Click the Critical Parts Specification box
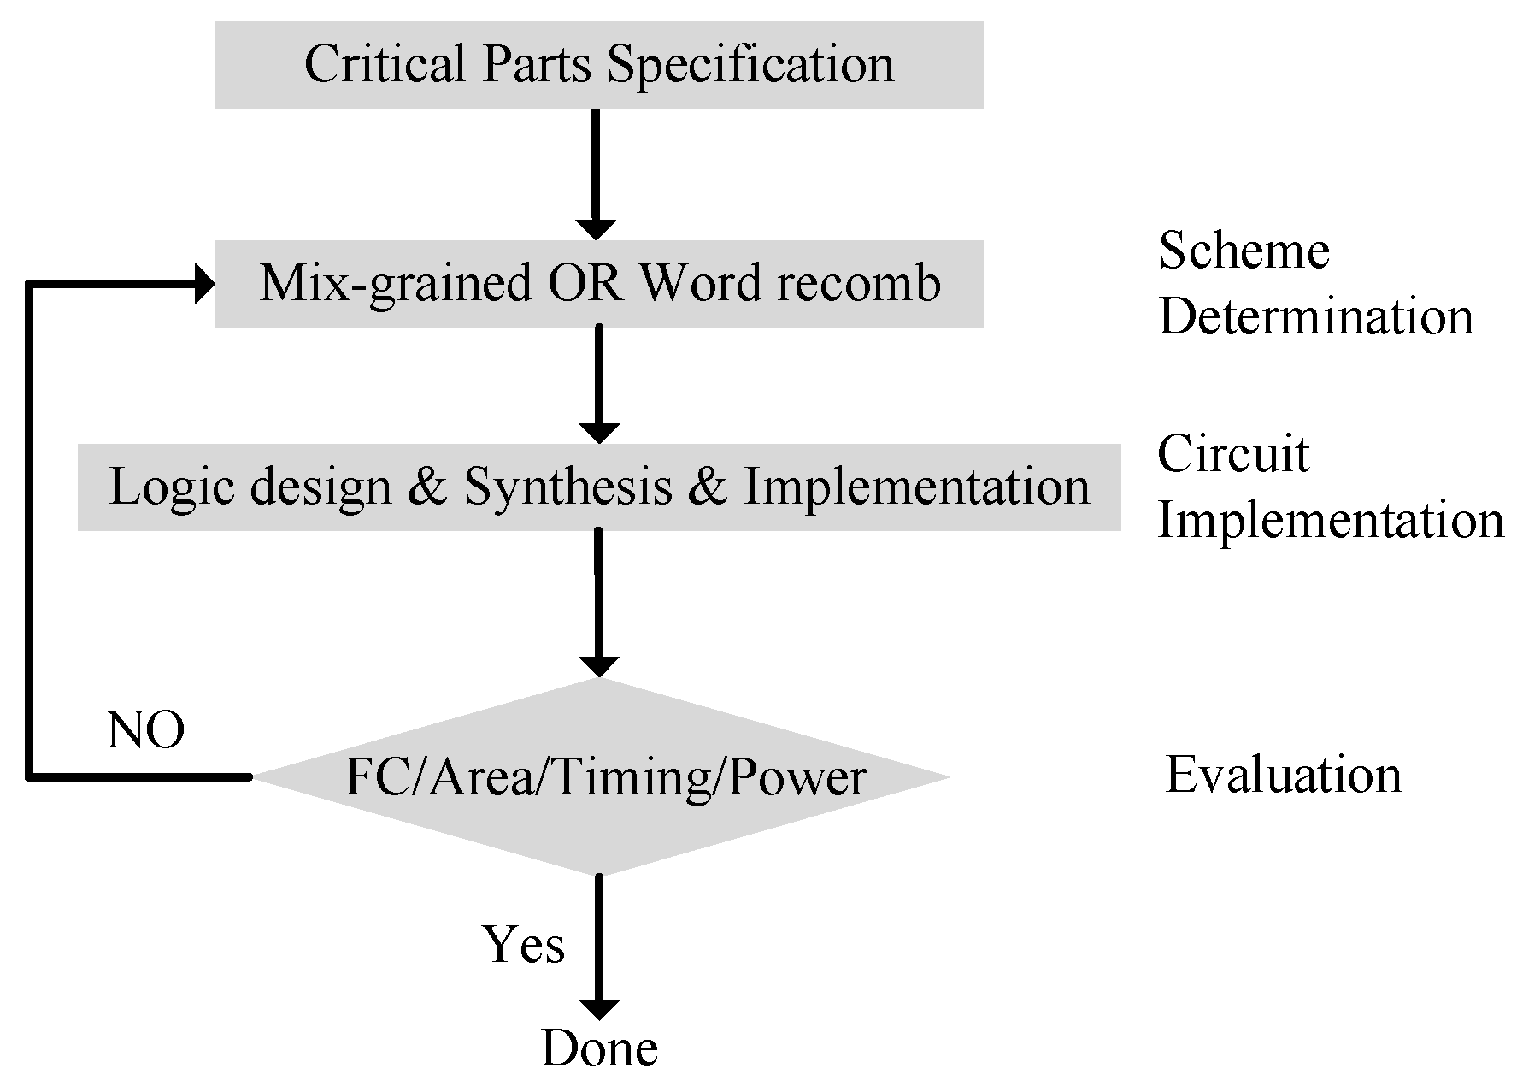tap(598, 65)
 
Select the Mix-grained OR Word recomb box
tap(598, 283)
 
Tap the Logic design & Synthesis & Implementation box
tap(598, 487)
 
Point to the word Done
tap(599, 1048)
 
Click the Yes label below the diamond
tap(523, 945)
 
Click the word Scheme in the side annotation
tap(1244, 251)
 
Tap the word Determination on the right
tap(1315, 316)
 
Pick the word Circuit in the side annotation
tap(1232, 454)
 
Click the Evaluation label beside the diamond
tap(1283, 776)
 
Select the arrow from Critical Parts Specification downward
tap(596, 171)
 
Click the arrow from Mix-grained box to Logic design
tap(598, 382)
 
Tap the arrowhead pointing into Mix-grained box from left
tap(204, 283)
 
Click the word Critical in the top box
tap(385, 65)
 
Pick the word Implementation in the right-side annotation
tap(1330, 520)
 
